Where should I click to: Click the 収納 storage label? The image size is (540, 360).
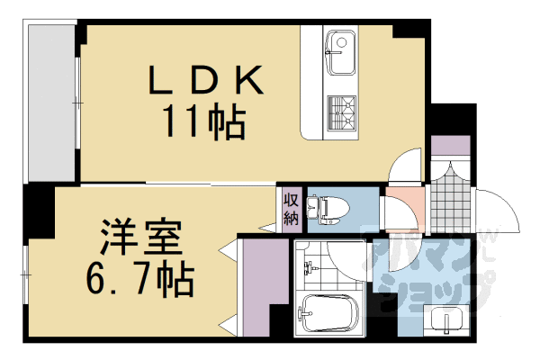point(292,210)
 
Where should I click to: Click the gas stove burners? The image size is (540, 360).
point(341,113)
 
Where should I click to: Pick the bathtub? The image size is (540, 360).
point(328,314)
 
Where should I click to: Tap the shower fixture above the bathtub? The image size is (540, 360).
point(310,269)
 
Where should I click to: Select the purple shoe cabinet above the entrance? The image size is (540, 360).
point(449,146)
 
